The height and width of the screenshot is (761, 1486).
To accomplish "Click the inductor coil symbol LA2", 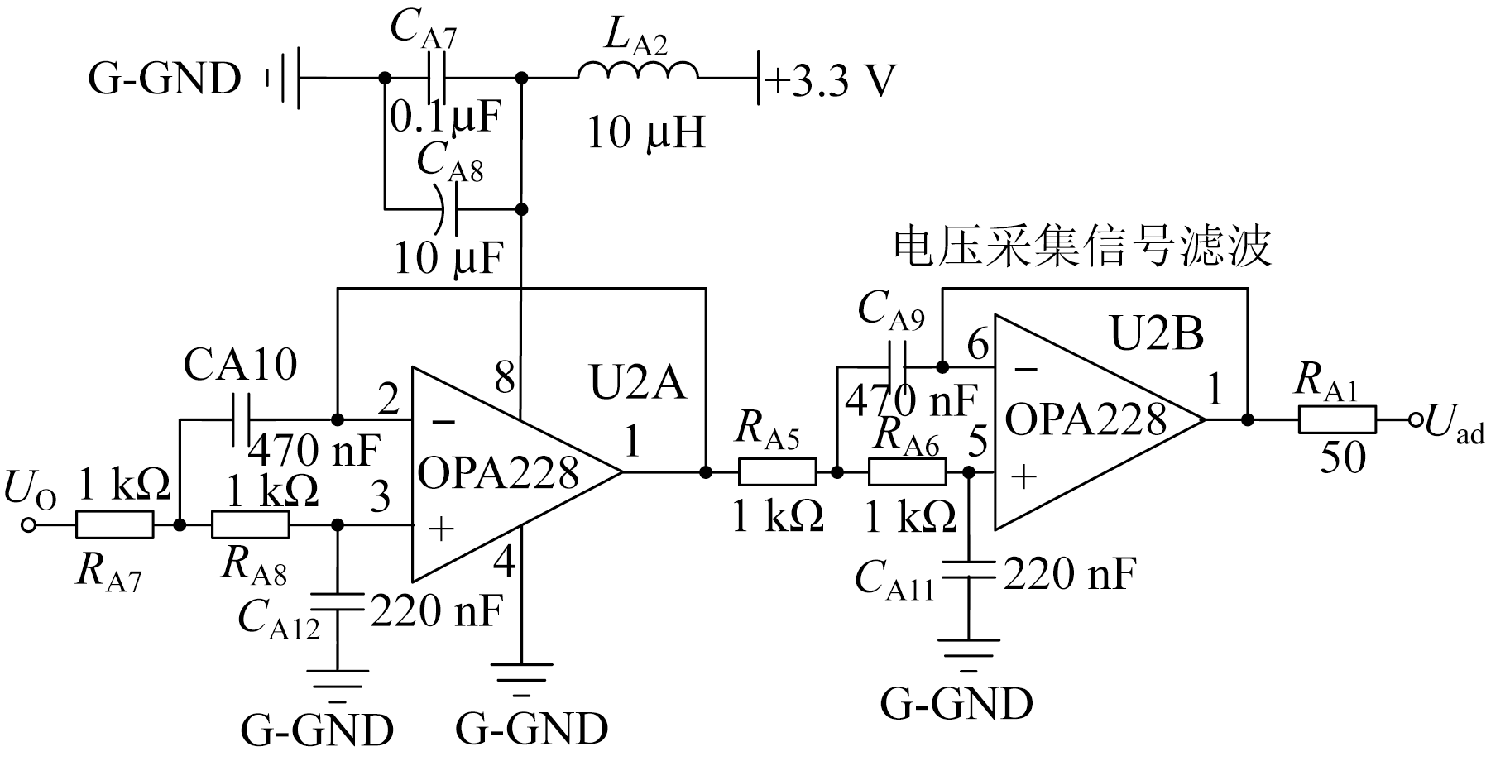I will click(637, 73).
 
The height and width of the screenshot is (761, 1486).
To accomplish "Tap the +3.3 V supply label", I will click(831, 81).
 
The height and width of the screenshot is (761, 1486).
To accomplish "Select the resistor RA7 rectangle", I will click(115, 524).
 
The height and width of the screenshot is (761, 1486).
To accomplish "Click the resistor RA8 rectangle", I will click(251, 524).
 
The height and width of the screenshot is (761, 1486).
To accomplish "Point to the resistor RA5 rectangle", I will click(777, 472).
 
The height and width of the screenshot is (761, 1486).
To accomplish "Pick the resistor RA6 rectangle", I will click(907, 472).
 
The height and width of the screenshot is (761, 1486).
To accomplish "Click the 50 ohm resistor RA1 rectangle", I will click(1337, 420).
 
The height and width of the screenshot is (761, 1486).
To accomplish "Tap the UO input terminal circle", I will click(29, 524).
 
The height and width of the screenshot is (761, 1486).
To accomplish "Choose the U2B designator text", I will click(1156, 333).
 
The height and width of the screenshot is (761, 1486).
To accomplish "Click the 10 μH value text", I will click(645, 132).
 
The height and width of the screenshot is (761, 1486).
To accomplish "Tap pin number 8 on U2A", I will click(504, 379).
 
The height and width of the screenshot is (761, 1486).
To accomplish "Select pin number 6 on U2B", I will click(977, 344).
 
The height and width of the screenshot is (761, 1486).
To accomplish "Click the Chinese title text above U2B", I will click(1082, 247).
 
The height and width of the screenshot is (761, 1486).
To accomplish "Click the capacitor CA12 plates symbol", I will click(338, 602).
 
